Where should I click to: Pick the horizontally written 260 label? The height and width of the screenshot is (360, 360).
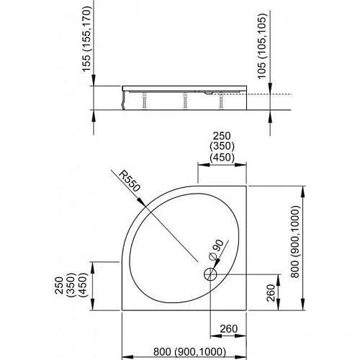(x=229, y=330)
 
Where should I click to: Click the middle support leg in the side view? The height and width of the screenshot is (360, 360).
(x=184, y=100)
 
